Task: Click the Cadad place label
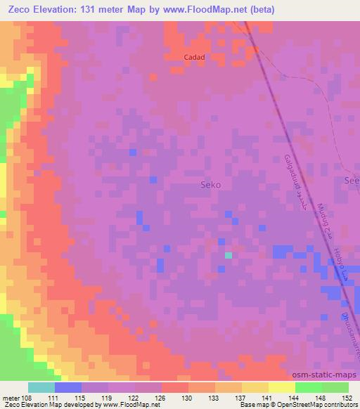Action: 194,57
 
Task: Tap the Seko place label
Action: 211,185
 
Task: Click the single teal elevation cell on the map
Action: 228,255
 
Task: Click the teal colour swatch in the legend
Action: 41,387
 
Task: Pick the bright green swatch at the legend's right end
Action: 335,387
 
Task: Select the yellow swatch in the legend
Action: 281,387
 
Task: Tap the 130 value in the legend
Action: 188,398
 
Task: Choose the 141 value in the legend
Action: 268,398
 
